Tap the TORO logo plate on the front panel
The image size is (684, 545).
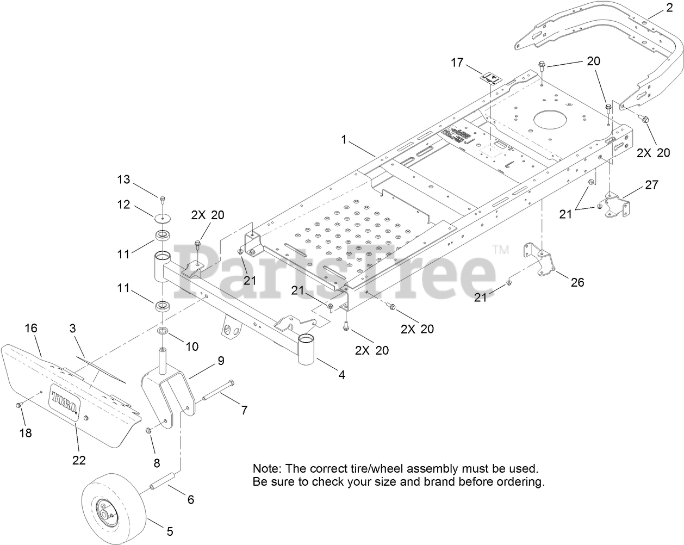(x=65, y=402)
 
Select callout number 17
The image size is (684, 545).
(x=457, y=63)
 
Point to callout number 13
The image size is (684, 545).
(x=124, y=179)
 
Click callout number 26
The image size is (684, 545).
(x=577, y=282)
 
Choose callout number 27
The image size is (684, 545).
(x=651, y=185)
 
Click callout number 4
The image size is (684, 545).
(x=341, y=375)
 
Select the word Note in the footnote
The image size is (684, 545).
(x=265, y=468)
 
